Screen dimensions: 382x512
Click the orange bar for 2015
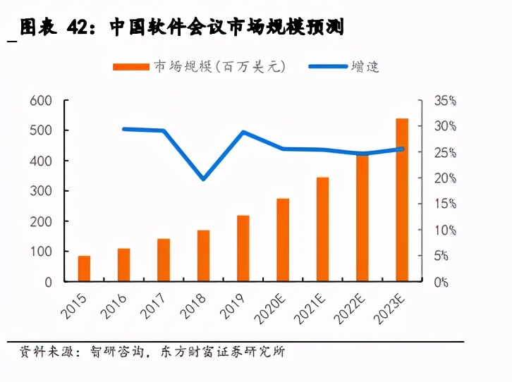tap(84, 269)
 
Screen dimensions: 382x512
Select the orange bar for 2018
tap(203, 255)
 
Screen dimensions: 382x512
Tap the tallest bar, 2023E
tap(402, 200)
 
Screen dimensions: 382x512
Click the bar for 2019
tap(243, 248)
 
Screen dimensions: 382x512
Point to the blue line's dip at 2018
tap(203, 179)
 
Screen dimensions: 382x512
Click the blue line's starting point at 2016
tap(124, 129)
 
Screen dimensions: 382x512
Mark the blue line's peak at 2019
tap(243, 133)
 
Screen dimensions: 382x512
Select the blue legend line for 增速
tap(328, 66)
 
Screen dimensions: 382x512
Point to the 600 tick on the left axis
tap(41, 101)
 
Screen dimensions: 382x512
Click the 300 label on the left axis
tap(41, 191)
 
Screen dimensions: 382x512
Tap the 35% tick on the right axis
tap(445, 101)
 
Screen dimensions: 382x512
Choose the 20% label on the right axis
tap(445, 178)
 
